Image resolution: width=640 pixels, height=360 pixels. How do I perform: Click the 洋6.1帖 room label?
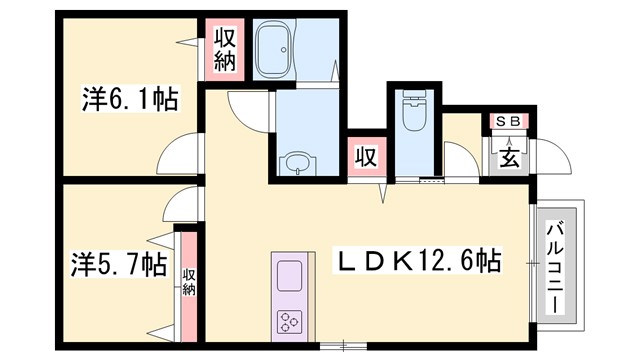tap(129, 100)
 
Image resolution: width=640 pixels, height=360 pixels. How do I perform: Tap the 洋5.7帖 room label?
tap(118, 265)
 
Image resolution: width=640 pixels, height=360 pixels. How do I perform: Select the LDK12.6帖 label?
tap(417, 262)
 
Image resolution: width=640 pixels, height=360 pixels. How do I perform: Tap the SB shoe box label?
tap(509, 122)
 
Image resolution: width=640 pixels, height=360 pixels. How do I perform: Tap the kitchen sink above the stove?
tap(288, 275)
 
